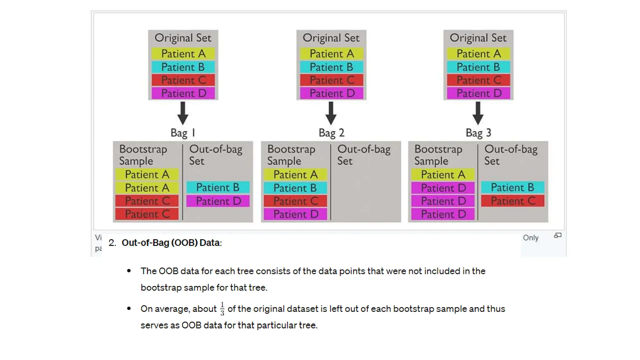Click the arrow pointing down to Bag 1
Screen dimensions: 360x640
pyautogui.click(x=183, y=113)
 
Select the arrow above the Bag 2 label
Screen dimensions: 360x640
pyautogui.click(x=331, y=113)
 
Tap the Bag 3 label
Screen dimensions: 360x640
pyautogui.click(x=478, y=133)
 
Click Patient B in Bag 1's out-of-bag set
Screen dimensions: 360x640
pyautogui.click(x=218, y=187)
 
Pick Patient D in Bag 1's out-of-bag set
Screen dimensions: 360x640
pyautogui.click(x=218, y=201)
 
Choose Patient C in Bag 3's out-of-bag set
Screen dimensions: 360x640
pyautogui.click(x=513, y=201)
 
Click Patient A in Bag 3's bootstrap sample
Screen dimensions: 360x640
pyautogui.click(x=443, y=174)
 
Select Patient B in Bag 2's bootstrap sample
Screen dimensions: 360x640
pyautogui.click(x=295, y=188)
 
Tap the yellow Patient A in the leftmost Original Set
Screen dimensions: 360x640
pyautogui.click(x=183, y=54)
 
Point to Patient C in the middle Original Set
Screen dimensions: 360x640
pyautogui.click(x=332, y=80)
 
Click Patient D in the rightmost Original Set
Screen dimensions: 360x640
pyautogui.click(x=479, y=93)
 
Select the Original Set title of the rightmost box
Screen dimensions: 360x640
pyautogui.click(x=478, y=38)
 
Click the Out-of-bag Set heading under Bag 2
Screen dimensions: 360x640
pyautogui.click(x=364, y=155)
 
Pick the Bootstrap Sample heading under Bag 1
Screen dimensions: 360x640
pyautogui.click(x=143, y=155)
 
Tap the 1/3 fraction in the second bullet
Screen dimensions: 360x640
pyautogui.click(x=222, y=309)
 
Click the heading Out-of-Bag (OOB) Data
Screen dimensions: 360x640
pyautogui.click(x=172, y=243)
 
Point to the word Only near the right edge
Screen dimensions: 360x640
pyautogui.click(x=531, y=238)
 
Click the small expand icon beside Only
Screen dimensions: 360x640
pyautogui.click(x=558, y=235)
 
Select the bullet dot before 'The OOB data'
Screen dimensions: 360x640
pyautogui.click(x=129, y=271)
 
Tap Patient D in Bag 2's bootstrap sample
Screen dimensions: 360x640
pyautogui.click(x=296, y=214)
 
